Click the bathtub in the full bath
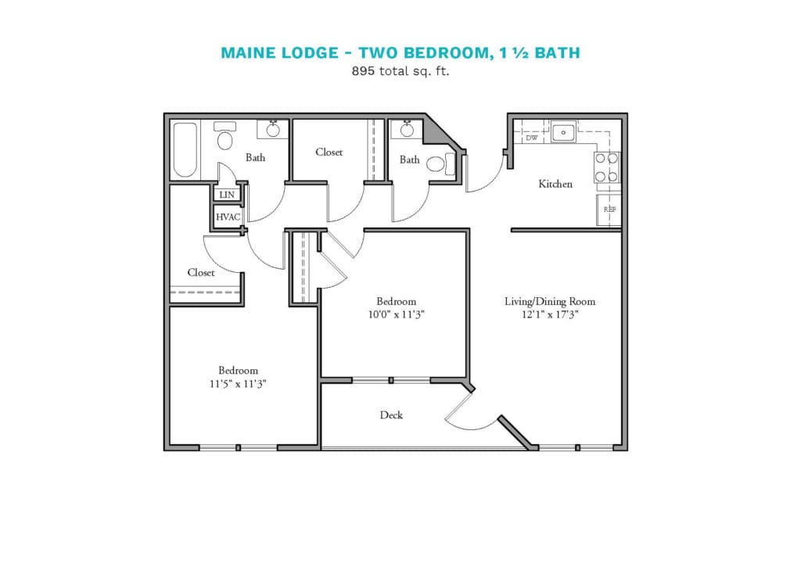pos(185,149)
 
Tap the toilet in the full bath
pos(224,136)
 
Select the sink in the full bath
pos(273,130)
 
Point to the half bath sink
pos(407,130)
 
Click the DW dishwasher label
pos(532,138)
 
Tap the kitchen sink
pos(563,132)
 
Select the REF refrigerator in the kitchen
pos(609,210)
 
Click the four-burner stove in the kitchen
pos(607,167)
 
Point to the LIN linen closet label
pos(227,195)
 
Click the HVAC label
pos(228,217)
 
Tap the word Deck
pos(391,415)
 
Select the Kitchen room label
pos(555,184)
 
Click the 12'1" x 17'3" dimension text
pos(550,314)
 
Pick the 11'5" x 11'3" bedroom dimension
pos(238,384)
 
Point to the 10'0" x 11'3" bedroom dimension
pos(397,314)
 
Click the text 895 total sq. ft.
pos(400,71)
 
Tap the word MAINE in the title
pos(246,52)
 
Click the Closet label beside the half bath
pos(329,152)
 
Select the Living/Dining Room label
pos(550,301)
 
